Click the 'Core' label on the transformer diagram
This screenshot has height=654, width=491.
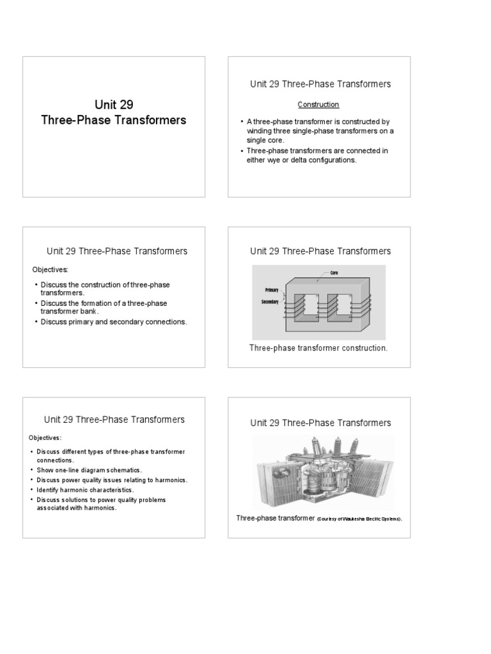tap(334, 273)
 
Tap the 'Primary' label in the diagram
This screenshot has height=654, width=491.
tap(270, 289)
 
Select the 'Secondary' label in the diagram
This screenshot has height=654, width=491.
tap(270, 301)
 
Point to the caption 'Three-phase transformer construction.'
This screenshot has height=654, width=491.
tap(318, 348)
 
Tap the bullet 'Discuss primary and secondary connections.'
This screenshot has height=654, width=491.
tap(114, 322)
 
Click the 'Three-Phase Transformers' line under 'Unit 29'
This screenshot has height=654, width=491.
tap(114, 120)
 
